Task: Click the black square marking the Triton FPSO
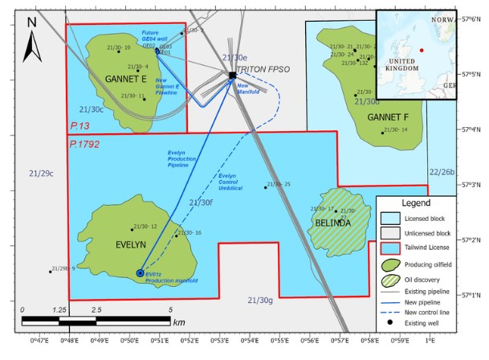232,75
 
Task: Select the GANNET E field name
125,78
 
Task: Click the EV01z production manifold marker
141,273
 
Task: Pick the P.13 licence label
79,126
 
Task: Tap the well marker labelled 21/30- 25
266,187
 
